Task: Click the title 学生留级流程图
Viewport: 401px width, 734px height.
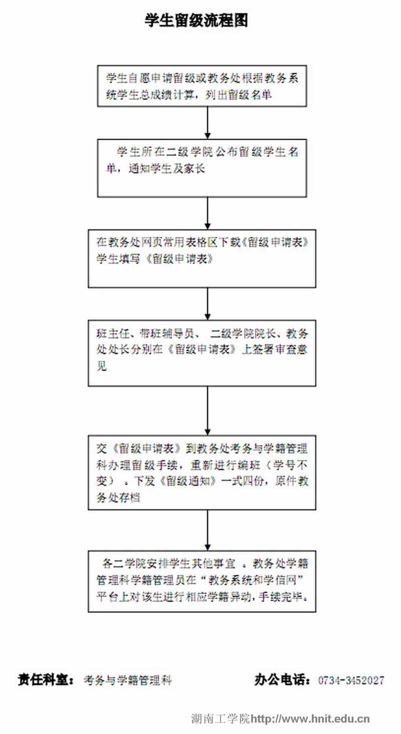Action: [196, 20]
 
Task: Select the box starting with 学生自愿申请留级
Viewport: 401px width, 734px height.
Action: [202, 86]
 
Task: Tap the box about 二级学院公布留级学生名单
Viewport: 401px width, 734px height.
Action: [202, 167]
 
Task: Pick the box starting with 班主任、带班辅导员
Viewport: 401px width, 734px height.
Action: [202, 353]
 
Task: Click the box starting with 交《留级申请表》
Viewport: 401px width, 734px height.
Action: [202, 472]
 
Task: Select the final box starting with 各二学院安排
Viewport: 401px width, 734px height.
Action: [202, 581]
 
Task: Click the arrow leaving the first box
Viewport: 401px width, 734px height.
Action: [207, 122]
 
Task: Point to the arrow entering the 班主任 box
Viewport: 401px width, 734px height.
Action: [207, 304]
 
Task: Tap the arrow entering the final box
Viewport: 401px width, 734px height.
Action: [207, 530]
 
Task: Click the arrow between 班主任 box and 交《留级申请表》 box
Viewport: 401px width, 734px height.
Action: [207, 410]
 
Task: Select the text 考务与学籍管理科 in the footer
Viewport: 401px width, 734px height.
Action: [128, 681]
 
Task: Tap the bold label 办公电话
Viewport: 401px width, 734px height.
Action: [282, 680]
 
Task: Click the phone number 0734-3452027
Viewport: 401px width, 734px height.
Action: [351, 681]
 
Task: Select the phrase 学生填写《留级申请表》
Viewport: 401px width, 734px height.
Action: [156, 259]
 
